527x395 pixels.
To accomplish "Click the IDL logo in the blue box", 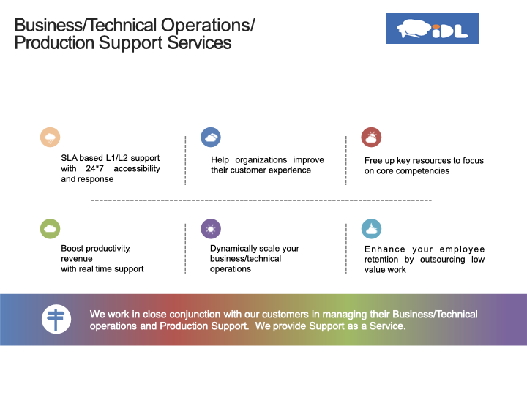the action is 433,29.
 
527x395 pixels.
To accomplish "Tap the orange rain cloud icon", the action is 50,137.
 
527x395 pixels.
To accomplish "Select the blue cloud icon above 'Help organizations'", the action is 211,137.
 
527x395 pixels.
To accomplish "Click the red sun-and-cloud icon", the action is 371,137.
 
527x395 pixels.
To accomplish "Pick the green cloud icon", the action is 50,229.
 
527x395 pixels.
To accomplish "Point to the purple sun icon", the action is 211,229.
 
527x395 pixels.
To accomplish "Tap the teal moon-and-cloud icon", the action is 371,229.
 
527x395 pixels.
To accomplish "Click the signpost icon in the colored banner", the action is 56,319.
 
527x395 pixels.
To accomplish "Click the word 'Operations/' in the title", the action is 208,26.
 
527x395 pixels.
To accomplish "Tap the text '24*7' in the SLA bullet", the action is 94,168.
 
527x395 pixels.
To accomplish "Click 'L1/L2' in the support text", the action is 116,158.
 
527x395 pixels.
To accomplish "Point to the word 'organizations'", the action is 261,160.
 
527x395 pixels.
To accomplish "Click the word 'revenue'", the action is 77,259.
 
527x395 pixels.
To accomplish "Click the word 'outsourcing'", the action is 443,260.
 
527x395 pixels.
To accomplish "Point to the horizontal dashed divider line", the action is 261,200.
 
